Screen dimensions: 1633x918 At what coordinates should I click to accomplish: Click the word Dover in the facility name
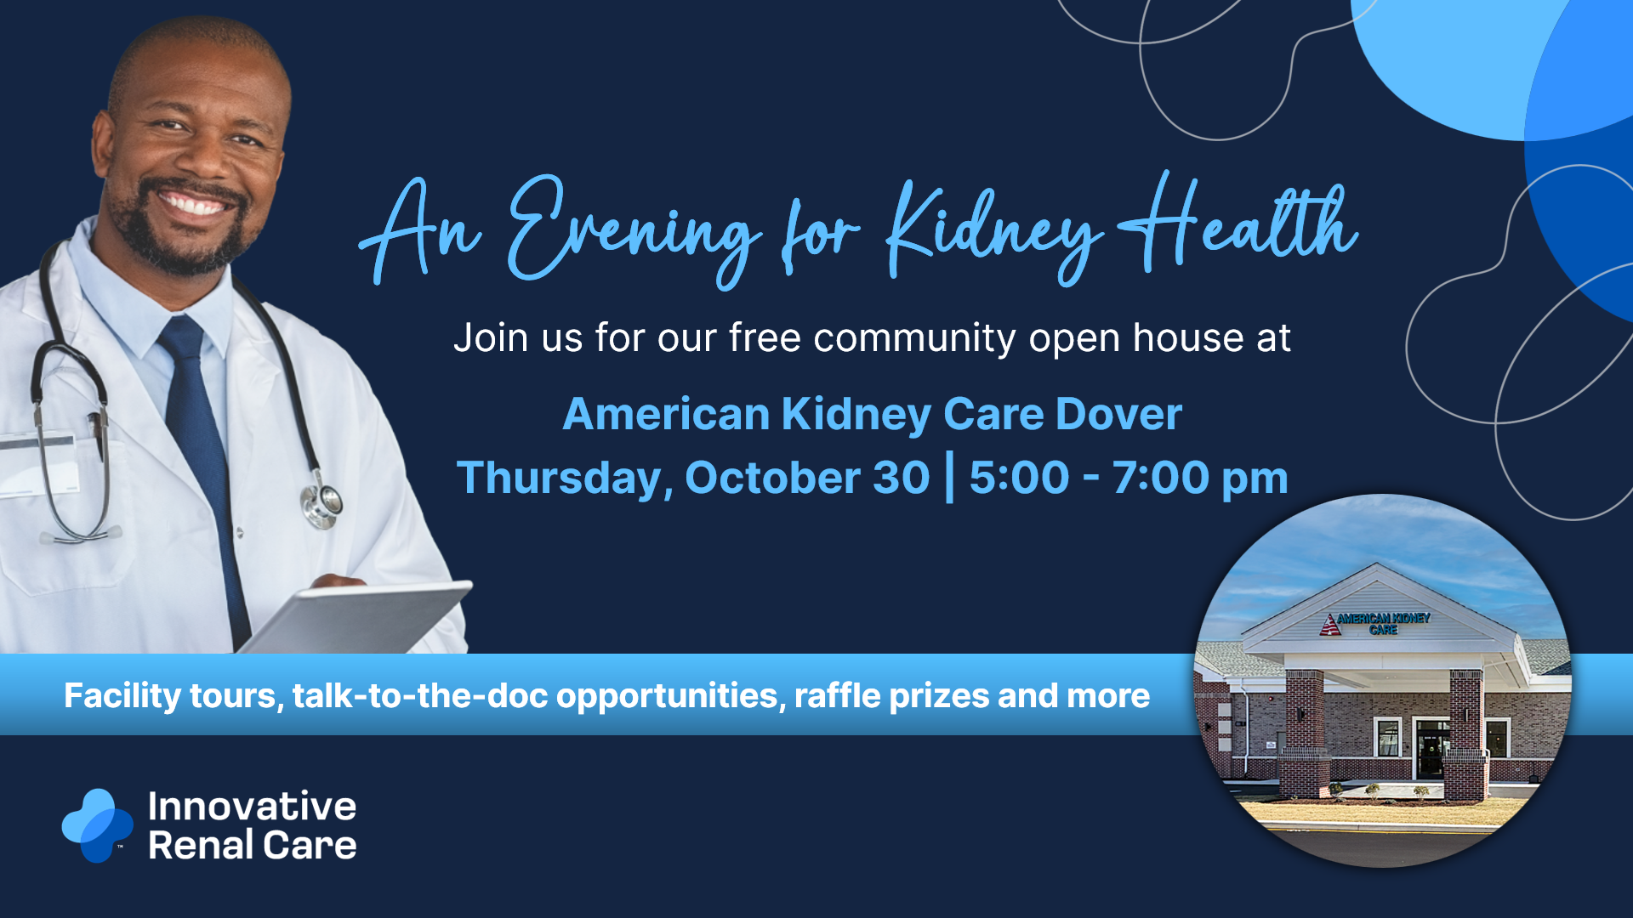coord(1118,414)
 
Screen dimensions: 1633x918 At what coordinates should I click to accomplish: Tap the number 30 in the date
coord(902,477)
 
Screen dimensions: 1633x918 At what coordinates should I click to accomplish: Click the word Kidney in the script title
coord(992,231)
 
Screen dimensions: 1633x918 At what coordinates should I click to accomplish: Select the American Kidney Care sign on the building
coord(1376,623)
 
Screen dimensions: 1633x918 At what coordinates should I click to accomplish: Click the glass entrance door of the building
coord(1432,749)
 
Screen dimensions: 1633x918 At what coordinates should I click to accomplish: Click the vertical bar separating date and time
coord(950,478)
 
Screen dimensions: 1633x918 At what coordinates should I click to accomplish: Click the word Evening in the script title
coord(634,229)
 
